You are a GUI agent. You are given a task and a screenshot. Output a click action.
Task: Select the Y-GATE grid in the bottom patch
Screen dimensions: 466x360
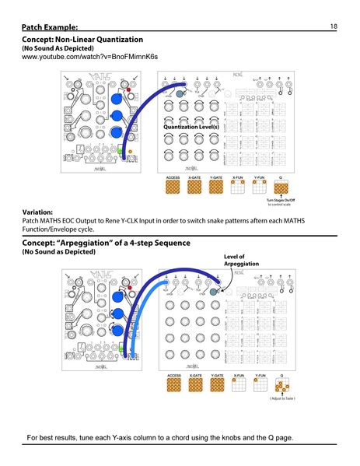tap(218, 385)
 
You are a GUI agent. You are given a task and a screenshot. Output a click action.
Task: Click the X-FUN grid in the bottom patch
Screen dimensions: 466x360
tap(239, 385)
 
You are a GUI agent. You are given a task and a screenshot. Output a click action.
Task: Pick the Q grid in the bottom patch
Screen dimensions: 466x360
tap(287, 385)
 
